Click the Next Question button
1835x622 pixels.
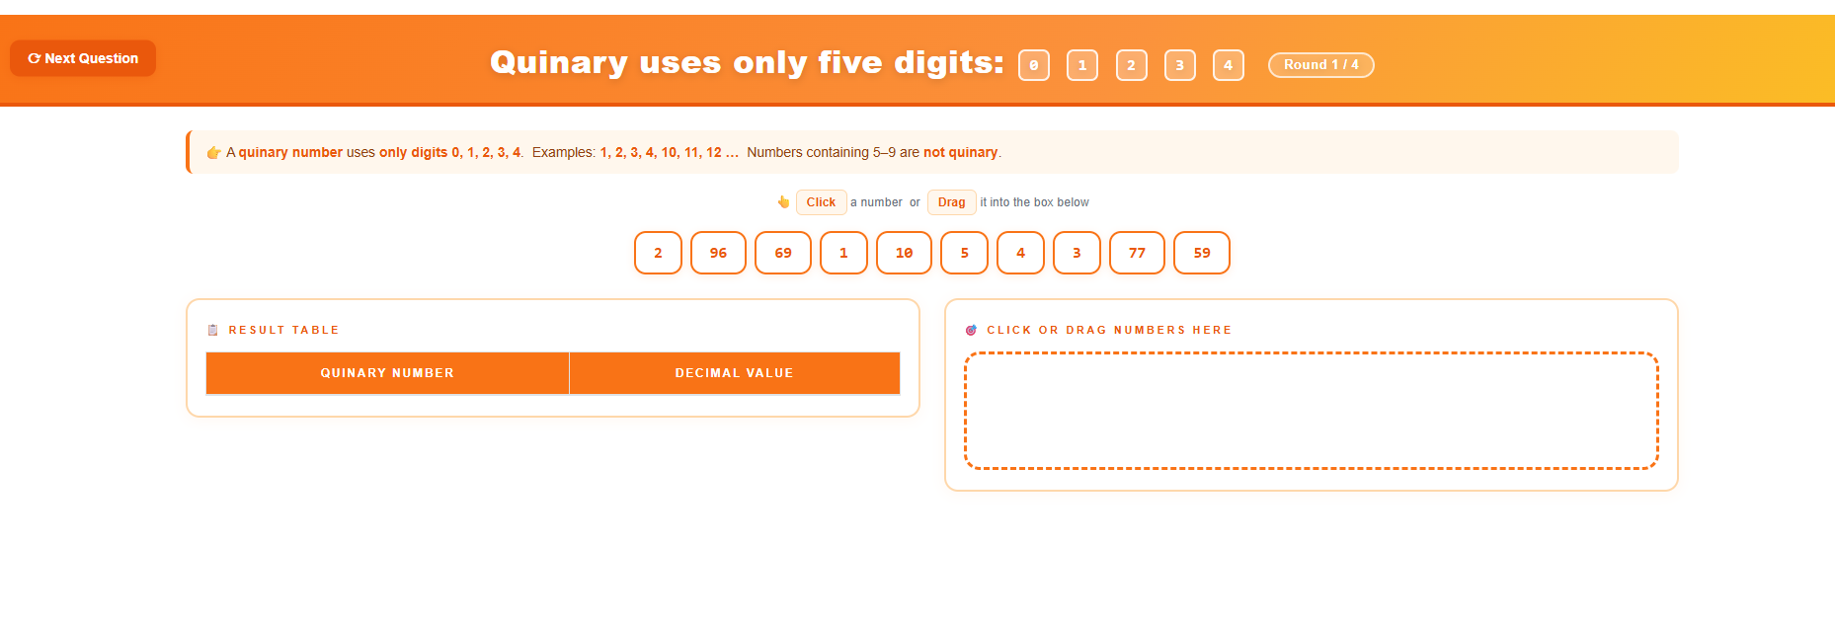pyautogui.click(x=83, y=58)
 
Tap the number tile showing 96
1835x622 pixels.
pyautogui.click(x=718, y=253)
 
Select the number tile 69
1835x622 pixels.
pyautogui.click(x=782, y=253)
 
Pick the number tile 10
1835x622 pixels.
pyautogui.click(x=904, y=253)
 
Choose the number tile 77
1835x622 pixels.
pyautogui.click(x=1137, y=253)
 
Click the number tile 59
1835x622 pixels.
pyautogui.click(x=1201, y=253)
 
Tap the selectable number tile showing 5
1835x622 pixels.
pyautogui.click(x=964, y=253)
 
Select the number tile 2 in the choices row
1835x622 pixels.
pyautogui.click(x=658, y=253)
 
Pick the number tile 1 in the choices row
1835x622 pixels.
pyautogui.click(x=843, y=253)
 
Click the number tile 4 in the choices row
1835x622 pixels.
pyautogui.click(x=1020, y=253)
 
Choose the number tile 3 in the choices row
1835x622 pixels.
pyautogui.click(x=1077, y=253)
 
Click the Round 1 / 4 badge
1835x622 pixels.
pyautogui.click(x=1320, y=65)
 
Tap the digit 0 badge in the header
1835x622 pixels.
pyautogui.click(x=1033, y=65)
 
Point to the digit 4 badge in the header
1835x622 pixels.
pyautogui.click(x=1228, y=65)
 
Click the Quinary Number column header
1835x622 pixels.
pyautogui.click(x=387, y=373)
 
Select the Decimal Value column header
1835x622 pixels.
pyautogui.click(x=734, y=373)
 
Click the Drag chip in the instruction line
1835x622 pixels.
pyautogui.click(x=951, y=202)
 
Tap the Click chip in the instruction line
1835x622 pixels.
pyautogui.click(x=821, y=202)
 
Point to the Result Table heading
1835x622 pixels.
pyautogui.click(x=283, y=330)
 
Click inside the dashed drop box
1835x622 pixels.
pyautogui.click(x=1311, y=411)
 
